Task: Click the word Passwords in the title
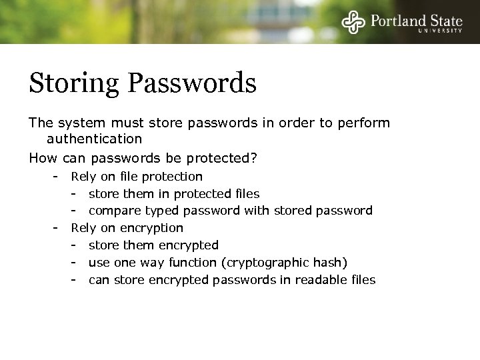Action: (193, 84)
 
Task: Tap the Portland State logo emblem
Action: (353, 22)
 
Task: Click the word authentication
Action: (94, 139)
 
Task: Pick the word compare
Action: (113, 211)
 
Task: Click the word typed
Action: (157, 211)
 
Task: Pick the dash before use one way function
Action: (75, 263)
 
